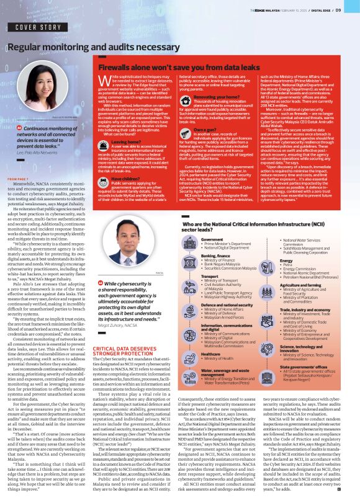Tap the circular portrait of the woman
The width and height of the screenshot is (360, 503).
(x=45, y=89)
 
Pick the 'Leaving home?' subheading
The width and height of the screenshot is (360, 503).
(x=124, y=142)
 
